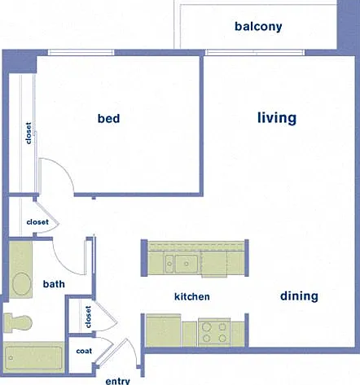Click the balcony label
258,27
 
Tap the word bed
108,118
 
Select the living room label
277,118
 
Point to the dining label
299,296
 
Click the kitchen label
192,296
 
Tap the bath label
54,284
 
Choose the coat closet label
84,351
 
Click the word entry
117,381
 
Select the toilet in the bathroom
18,322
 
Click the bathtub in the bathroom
33,357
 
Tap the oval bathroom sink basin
21,284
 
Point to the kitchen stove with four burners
214,332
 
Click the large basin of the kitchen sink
187,264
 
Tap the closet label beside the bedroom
29,133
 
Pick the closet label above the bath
37,222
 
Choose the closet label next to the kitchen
88,317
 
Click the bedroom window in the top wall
81,52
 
